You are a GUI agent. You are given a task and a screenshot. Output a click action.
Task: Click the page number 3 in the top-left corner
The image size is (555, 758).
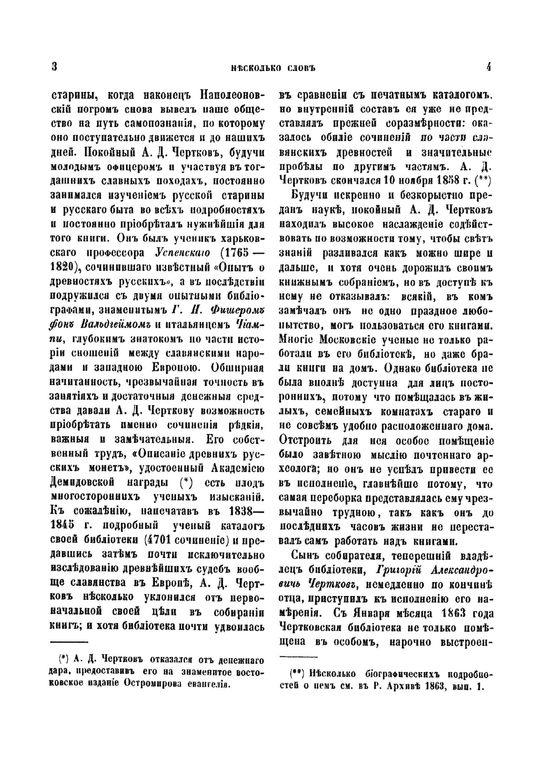(54, 67)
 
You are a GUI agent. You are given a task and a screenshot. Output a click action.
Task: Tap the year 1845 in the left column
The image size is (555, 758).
(63, 524)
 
